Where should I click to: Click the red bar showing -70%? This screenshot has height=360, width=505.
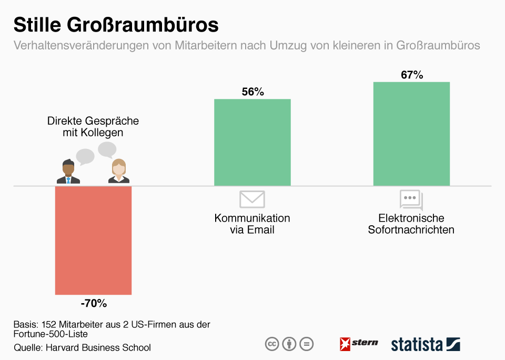[x=93, y=240]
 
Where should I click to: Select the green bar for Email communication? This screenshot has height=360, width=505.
[x=252, y=142]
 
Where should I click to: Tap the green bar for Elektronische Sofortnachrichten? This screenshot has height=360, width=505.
[x=411, y=134]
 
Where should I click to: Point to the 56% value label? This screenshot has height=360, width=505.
[x=252, y=92]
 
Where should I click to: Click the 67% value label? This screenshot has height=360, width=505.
[x=412, y=75]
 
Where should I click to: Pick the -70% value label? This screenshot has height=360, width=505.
[x=94, y=304]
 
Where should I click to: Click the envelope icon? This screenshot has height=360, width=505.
[x=252, y=199]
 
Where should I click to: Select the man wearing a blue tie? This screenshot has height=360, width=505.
[x=68, y=172]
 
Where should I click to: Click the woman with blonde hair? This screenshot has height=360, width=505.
[x=119, y=172]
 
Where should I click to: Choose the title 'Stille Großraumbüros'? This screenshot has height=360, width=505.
[x=116, y=25]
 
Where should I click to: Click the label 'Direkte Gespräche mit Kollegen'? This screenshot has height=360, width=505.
[x=93, y=126]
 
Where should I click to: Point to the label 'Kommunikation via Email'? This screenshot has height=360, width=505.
[x=252, y=224]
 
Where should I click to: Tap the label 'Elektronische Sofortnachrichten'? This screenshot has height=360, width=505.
[x=411, y=224]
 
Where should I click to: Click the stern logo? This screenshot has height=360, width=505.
[x=359, y=344]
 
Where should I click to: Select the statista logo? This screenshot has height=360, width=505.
[x=425, y=344]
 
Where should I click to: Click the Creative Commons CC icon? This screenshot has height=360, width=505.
[x=271, y=344]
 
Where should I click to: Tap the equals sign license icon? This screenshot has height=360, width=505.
[x=306, y=344]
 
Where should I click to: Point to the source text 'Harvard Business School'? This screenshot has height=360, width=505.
[x=98, y=347]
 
